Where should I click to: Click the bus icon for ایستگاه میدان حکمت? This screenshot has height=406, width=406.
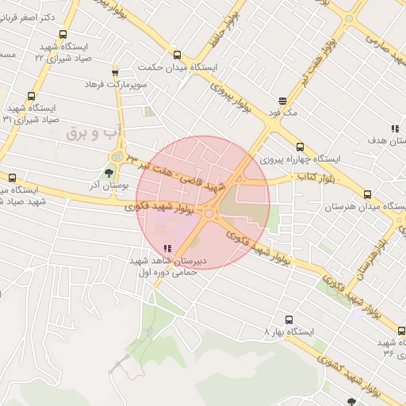tap(176, 56)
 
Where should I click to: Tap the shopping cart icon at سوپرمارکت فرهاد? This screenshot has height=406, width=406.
tap(115, 72)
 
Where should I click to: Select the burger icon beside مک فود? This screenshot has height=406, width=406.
tap(282, 101)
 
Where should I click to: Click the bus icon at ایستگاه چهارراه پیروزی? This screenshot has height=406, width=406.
tap(300, 147)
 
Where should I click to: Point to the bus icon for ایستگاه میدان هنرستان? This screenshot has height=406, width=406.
tap(366, 194)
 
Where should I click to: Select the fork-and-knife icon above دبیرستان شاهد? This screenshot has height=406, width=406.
tap(167, 248)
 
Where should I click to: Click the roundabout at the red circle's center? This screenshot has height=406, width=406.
tap(209, 213)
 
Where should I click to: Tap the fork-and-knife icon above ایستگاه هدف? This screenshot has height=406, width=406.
tap(394, 128)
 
